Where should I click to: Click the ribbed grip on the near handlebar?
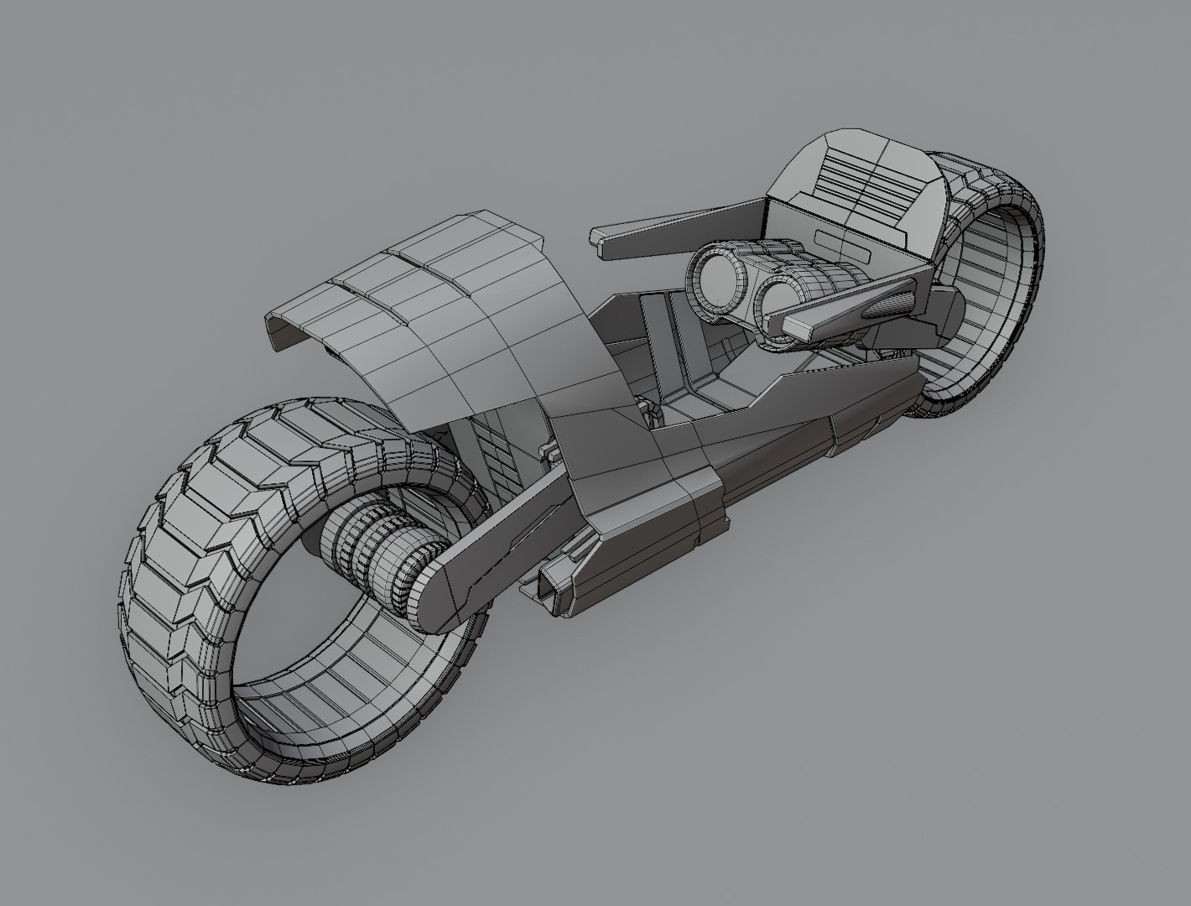point(888,303)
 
